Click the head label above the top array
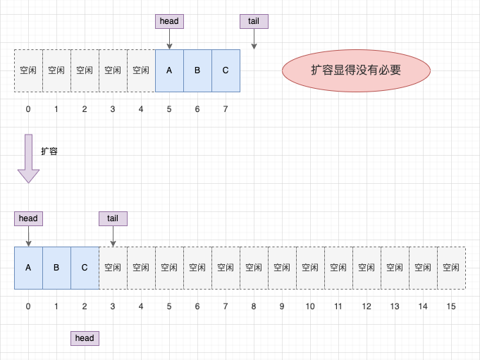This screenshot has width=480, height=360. (169, 21)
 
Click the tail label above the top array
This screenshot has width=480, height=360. (254, 21)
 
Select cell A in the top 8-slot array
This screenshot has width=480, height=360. (169, 70)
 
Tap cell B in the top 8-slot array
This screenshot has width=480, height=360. (197, 70)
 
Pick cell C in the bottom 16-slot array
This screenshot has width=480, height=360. (85, 268)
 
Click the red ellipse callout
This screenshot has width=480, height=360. (356, 70)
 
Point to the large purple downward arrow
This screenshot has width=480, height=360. (28, 159)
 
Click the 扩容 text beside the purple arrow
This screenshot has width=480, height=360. (49, 151)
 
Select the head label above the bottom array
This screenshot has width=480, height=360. (28, 218)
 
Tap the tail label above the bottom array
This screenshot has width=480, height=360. (113, 218)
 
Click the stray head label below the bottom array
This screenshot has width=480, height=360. (85, 338)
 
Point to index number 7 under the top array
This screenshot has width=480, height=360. (226, 109)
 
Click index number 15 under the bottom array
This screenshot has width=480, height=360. (451, 306)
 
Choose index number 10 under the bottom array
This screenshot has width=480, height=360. (310, 306)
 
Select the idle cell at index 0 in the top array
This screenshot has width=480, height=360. (28, 70)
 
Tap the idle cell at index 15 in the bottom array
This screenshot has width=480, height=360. (452, 268)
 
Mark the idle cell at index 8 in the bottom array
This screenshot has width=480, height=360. (254, 268)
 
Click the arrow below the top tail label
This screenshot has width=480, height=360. (254, 39)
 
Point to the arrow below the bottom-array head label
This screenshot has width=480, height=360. (28, 236)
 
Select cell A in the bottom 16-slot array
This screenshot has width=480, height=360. (28, 268)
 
